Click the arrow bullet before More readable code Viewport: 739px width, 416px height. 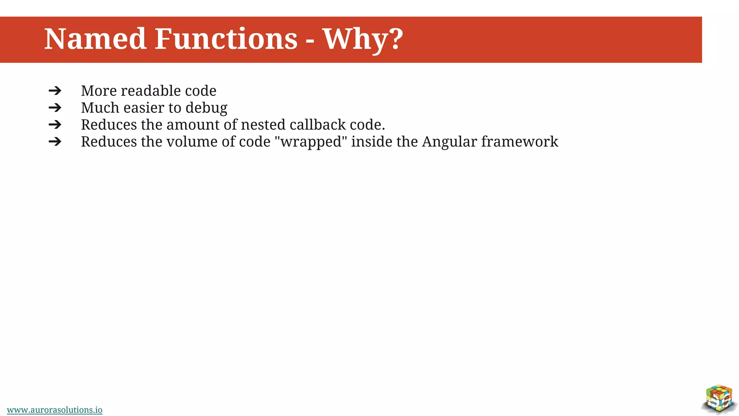point(55,91)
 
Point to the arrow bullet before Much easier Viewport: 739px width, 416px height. point(55,108)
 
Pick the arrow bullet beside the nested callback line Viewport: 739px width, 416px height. point(55,125)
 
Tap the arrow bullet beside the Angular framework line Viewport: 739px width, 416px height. point(55,142)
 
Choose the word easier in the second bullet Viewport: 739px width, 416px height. point(144,108)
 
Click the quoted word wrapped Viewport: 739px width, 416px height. point(311,142)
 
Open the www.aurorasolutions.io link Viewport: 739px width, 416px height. point(54,410)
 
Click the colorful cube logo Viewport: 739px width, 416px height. point(719,399)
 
